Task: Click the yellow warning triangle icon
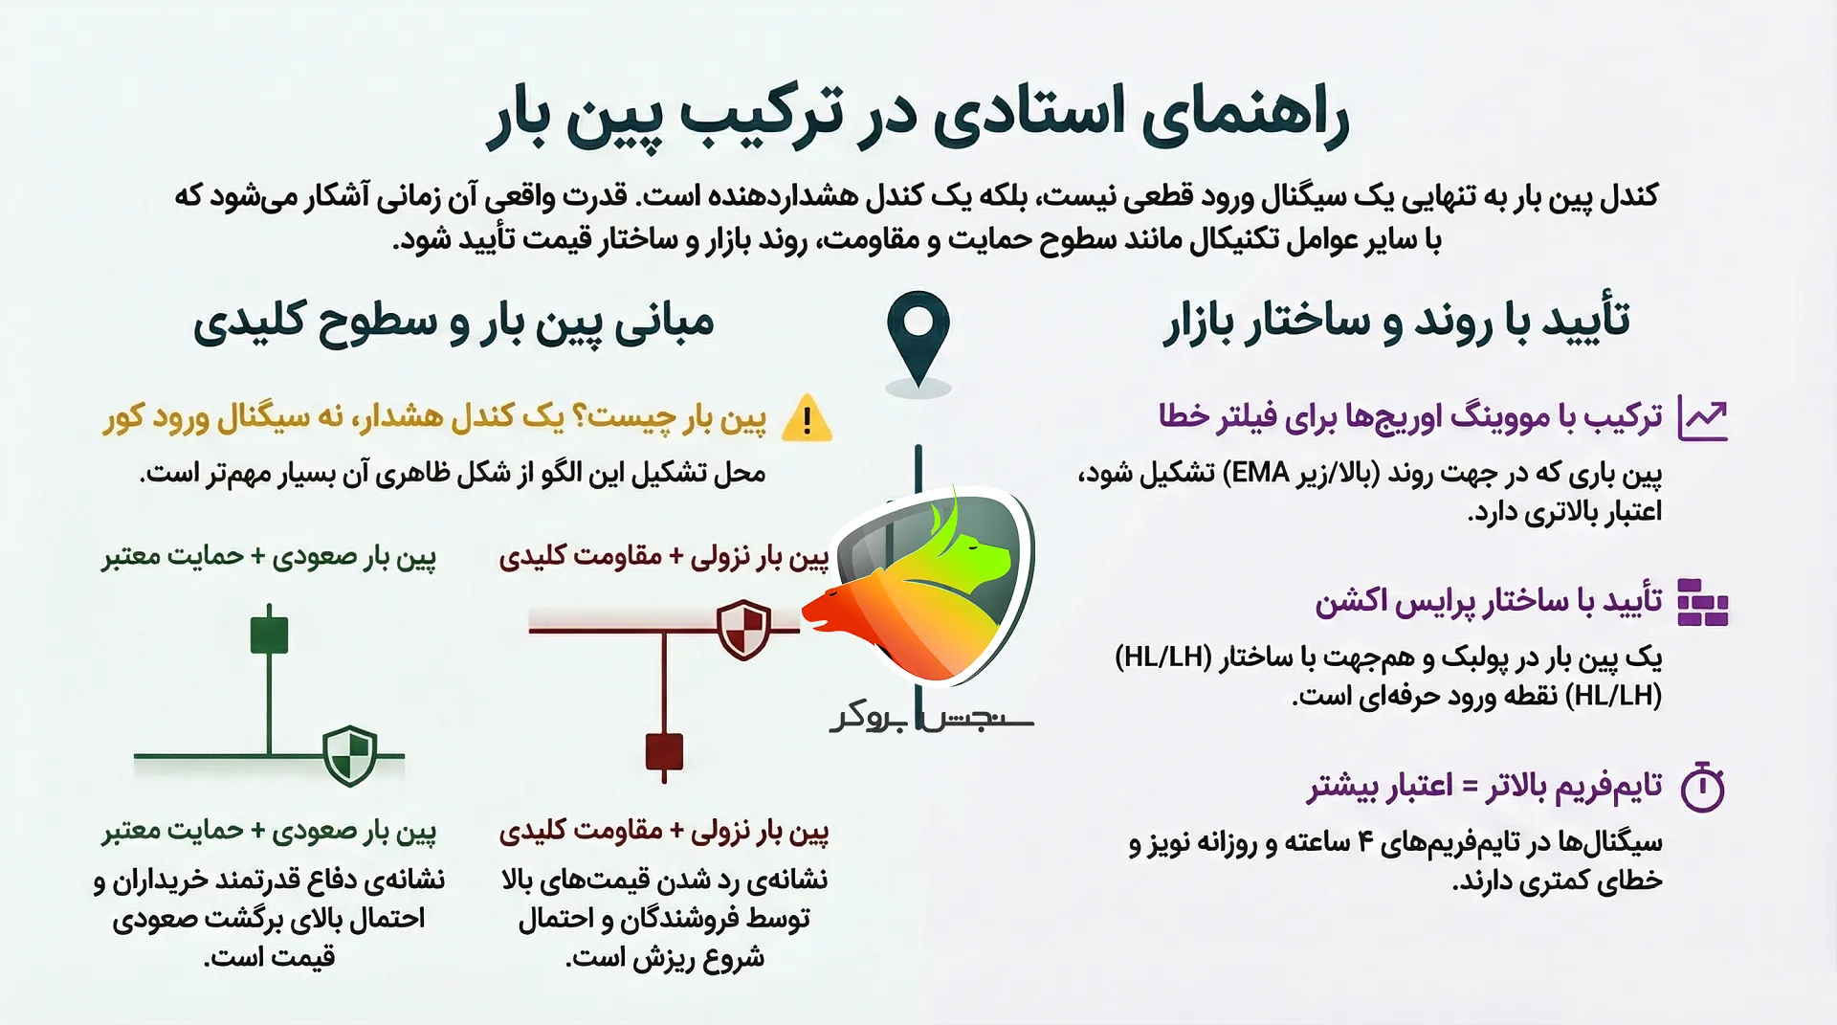pyautogui.click(x=807, y=418)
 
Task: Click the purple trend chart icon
pyautogui.click(x=1703, y=419)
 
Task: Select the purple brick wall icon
pyautogui.click(x=1703, y=602)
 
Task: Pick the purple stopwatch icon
pyautogui.click(x=1703, y=788)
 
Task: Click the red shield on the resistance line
pyautogui.click(x=743, y=629)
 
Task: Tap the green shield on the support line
pyautogui.click(x=349, y=755)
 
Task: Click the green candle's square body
pyautogui.click(x=269, y=635)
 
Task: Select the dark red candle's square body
pyautogui.click(x=664, y=751)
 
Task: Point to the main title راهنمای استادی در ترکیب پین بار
pyautogui.click(x=918, y=117)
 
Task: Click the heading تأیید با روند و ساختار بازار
pyautogui.click(x=1396, y=321)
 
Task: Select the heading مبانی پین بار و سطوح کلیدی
pyautogui.click(x=454, y=323)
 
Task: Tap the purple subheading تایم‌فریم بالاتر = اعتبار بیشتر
pyautogui.click(x=1485, y=787)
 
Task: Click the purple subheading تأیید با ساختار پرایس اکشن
pyautogui.click(x=1489, y=601)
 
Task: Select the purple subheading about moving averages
pyautogui.click(x=1410, y=416)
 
